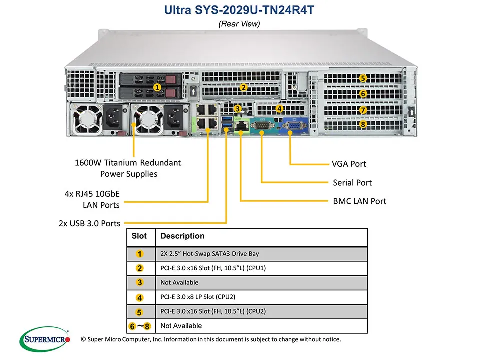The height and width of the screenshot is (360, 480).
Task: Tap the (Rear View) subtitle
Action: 239,23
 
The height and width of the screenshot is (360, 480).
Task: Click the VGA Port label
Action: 349,164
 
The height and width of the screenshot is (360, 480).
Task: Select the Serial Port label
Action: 352,183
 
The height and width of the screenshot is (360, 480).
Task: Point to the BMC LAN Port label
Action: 359,201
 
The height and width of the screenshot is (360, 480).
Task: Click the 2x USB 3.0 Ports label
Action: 89,223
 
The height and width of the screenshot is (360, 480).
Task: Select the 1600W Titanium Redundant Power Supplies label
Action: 128,168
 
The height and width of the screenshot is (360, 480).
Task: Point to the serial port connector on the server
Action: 261,127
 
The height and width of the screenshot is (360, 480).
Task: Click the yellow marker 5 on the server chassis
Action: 363,78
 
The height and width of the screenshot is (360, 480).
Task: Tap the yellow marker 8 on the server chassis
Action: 363,124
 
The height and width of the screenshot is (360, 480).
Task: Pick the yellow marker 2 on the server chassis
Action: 243,87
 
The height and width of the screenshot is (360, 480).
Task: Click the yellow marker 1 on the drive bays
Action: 157,87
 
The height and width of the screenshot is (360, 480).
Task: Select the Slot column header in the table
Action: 139,236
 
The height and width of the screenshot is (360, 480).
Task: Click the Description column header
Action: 182,236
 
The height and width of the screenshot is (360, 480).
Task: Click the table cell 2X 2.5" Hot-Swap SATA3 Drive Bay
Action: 210,254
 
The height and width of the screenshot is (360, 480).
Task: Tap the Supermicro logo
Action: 45,340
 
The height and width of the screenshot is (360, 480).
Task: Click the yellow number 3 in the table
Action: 140,282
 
